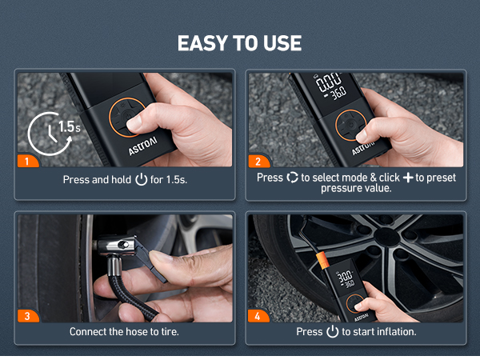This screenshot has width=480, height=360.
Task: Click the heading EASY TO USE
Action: (x=240, y=43)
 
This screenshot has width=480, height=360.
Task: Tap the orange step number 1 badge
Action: (x=27, y=162)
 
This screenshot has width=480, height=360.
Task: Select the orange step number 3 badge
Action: (x=27, y=316)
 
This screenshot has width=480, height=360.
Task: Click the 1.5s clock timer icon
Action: (x=49, y=133)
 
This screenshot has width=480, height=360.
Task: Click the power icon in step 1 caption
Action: (x=142, y=180)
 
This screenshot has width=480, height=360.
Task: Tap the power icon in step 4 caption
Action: (x=332, y=331)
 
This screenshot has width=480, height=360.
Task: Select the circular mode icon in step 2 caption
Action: (x=292, y=177)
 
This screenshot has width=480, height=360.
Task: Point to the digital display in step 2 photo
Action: (x=329, y=86)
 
